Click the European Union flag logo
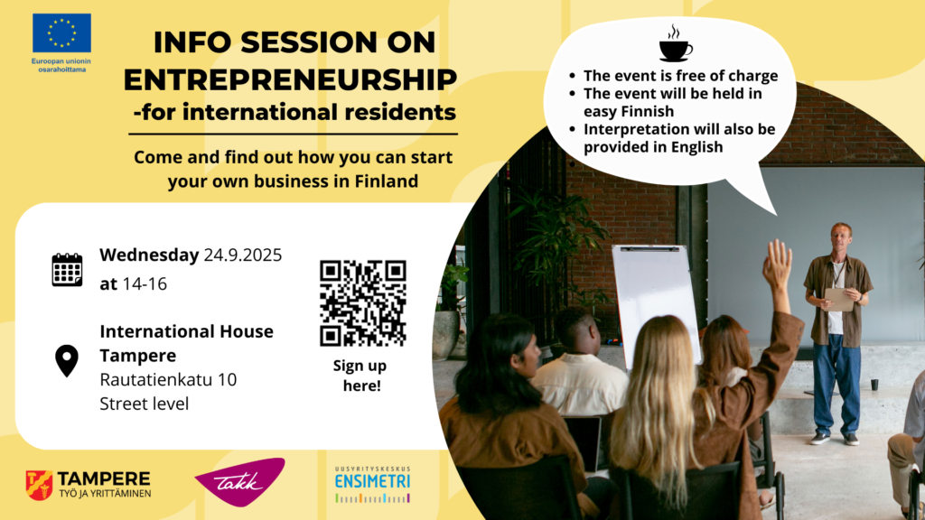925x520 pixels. click(x=62, y=33)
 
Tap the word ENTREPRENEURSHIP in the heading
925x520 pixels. click(x=290, y=80)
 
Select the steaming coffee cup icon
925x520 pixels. click(x=676, y=43)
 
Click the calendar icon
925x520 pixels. click(x=67, y=270)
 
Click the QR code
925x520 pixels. click(x=363, y=303)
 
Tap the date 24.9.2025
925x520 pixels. click(x=243, y=255)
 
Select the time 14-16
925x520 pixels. click(x=145, y=284)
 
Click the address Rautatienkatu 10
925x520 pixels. click(x=168, y=380)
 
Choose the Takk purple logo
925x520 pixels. click(x=240, y=482)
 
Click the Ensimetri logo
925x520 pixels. click(x=373, y=485)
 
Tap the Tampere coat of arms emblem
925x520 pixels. click(x=39, y=485)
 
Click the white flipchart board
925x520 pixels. click(x=656, y=301)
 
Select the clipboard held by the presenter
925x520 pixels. click(x=839, y=299)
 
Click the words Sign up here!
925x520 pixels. click(x=360, y=376)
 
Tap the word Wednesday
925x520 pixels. click(x=149, y=255)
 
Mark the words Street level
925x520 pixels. click(x=144, y=404)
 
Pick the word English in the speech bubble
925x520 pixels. click(x=697, y=147)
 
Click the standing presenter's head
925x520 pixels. click(x=841, y=237)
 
